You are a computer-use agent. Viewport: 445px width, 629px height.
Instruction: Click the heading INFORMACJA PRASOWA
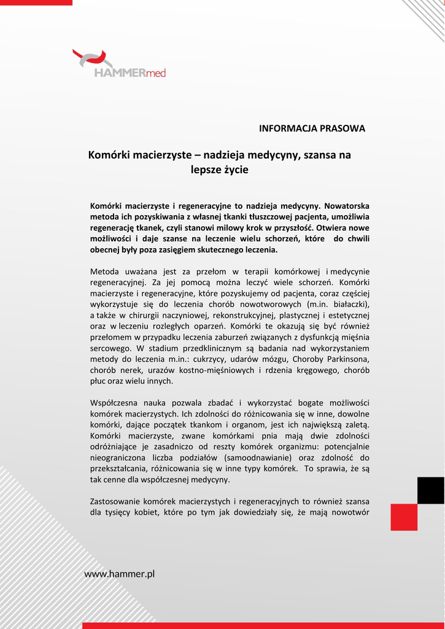coord(312,128)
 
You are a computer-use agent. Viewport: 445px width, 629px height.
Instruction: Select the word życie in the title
coord(236,170)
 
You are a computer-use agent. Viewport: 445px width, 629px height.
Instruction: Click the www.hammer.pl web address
coord(119,574)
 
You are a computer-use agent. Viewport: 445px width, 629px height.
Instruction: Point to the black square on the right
coord(430,490)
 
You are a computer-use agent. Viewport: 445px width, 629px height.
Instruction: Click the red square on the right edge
coord(404,517)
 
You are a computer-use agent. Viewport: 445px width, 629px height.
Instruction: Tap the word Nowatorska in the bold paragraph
coord(347,205)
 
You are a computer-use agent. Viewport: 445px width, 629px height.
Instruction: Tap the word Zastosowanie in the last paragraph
coord(116,501)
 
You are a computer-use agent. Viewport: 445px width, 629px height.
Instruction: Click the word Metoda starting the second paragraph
coord(105,271)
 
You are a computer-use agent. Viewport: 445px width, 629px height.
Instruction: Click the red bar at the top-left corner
coord(36,2)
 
